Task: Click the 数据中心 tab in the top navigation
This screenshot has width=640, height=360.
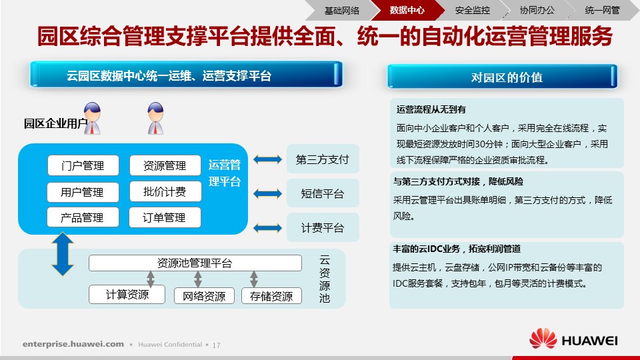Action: pos(407,10)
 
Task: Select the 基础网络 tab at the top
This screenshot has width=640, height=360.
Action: pos(342,10)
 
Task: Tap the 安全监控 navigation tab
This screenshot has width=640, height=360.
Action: pos(472,10)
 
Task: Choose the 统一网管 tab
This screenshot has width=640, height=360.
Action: pos(603,10)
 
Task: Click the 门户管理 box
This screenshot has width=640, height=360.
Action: pos(83,165)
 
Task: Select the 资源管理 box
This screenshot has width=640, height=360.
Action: pos(165,165)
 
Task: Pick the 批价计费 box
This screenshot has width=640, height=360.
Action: pos(165,191)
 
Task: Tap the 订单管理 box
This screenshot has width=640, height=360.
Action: pos(165,217)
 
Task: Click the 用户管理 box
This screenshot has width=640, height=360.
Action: pos(83,192)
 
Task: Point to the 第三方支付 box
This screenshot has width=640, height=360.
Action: pos(323,159)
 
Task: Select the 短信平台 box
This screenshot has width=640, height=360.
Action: pos(323,193)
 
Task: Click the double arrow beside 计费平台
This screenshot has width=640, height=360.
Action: pos(267,228)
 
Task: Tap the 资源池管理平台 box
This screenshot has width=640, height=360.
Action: pos(195,263)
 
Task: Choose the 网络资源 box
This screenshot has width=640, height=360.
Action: pos(204,296)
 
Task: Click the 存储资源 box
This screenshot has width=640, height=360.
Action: pos(271,296)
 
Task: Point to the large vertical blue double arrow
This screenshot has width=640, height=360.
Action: pos(63,254)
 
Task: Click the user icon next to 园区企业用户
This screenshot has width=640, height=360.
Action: pos(92,119)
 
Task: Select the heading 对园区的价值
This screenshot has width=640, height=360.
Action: pos(507,77)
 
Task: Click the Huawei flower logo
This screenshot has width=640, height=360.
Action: pos(543,338)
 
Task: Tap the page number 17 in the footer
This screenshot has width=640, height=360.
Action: pos(216,345)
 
